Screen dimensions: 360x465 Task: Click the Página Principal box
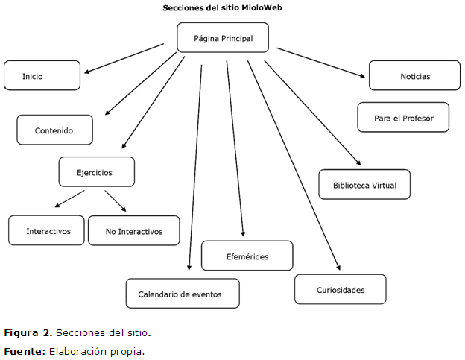pos(223,37)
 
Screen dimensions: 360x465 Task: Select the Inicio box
pos(42,76)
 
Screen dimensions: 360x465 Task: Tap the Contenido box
pos(55,130)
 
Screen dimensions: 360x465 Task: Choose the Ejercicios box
pos(96,172)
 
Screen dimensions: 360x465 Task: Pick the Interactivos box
pos(46,231)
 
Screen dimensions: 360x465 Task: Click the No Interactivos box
pos(134,231)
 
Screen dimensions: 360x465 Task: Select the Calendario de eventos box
pos(183,294)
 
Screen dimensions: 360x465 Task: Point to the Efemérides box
pos(247,256)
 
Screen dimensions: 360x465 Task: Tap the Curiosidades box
pos(340,290)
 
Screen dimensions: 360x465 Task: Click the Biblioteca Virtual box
pos(364,185)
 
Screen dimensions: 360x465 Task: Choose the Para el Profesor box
pos(403,118)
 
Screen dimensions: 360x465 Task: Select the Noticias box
pos(415,76)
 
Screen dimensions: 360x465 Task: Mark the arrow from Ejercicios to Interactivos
pos(70,199)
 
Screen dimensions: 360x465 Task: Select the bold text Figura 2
pos(28,332)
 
